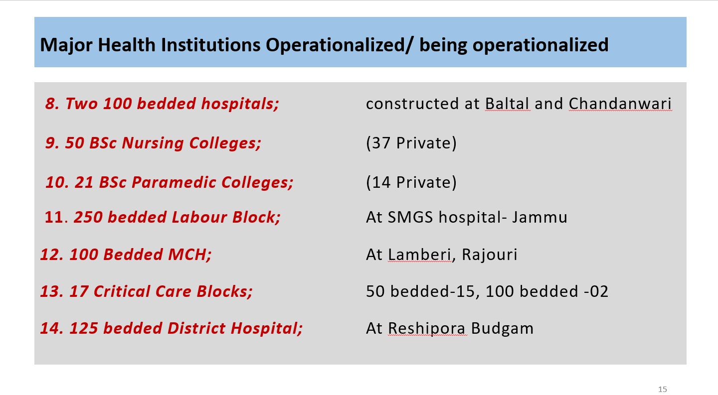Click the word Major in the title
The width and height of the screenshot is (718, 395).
(x=66, y=45)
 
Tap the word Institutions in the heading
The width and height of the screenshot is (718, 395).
(x=210, y=45)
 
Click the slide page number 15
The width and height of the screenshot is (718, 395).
(x=663, y=389)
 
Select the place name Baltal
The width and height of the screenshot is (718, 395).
(x=507, y=104)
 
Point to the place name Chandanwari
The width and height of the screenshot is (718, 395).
(x=620, y=104)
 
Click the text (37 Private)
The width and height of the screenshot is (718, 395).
(x=411, y=143)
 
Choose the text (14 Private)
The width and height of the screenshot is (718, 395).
(x=411, y=182)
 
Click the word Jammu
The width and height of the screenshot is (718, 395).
(x=539, y=217)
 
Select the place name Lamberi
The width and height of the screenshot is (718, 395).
(x=420, y=255)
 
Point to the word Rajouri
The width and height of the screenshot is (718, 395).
(x=490, y=255)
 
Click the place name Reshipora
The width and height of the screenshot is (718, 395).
(x=426, y=329)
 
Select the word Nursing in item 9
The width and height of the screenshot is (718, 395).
(x=153, y=143)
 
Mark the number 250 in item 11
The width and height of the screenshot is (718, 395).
(x=88, y=217)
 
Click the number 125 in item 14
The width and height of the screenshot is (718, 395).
(x=84, y=329)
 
